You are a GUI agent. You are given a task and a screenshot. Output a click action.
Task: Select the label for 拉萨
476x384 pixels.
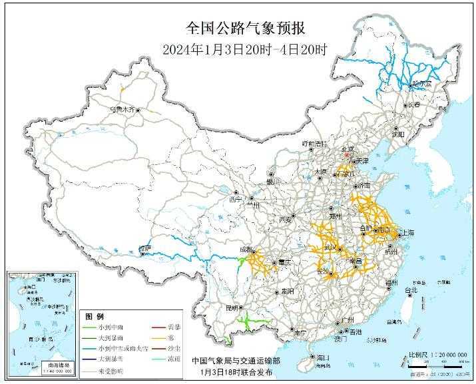144,249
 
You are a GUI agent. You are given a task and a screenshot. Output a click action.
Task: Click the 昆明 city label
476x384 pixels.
232,308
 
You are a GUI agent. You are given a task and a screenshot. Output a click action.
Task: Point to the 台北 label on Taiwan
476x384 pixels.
411,290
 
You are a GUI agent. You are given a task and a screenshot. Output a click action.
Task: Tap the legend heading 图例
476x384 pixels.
95,315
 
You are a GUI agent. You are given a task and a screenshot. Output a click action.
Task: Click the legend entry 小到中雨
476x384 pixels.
111,327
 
